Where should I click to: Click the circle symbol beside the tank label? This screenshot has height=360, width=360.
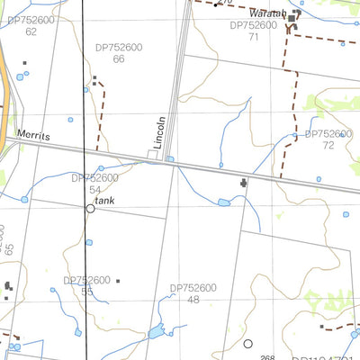[90, 208]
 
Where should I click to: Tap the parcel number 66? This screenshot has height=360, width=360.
[119, 58]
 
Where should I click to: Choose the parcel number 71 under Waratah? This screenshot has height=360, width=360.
[254, 37]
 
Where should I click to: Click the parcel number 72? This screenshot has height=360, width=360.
[328, 144]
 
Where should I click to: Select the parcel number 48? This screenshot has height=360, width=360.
[193, 300]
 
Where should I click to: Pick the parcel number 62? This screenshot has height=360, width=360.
[31, 31]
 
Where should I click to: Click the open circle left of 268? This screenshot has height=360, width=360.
[247, 344]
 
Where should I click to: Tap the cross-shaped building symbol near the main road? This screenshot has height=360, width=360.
[243, 183]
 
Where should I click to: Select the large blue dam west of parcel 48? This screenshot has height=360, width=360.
[156, 332]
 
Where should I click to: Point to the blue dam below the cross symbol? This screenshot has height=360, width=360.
[223, 202]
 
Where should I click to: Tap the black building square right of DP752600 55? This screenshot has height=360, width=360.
[119, 280]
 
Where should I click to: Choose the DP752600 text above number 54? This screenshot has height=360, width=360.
[94, 178]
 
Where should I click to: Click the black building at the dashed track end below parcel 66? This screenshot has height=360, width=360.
[94, 78]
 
